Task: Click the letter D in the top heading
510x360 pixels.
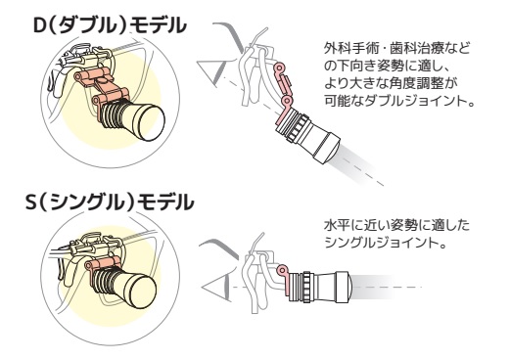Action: tap(40, 25)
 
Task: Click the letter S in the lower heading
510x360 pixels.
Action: tap(31, 202)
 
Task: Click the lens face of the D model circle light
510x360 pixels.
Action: tap(151, 122)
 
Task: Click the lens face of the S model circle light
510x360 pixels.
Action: tap(143, 292)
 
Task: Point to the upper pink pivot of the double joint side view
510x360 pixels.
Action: tap(279, 68)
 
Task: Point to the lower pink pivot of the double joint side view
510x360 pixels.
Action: tap(287, 100)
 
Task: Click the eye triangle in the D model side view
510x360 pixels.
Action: tap(211, 72)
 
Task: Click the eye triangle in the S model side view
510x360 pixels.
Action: tap(215, 287)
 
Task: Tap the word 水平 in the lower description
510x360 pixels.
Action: tap(338, 226)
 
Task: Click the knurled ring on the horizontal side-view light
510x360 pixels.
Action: tap(306, 287)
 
